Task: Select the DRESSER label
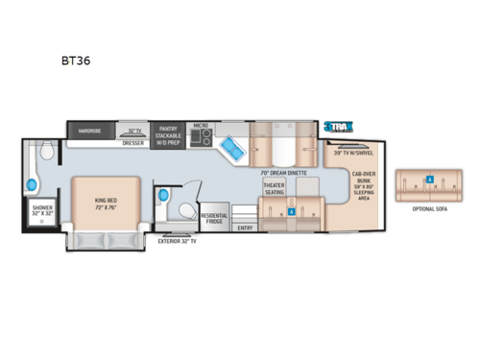point(133,141)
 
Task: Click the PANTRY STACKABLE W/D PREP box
point(167,132)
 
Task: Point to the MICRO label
point(201,125)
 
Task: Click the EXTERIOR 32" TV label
point(178,241)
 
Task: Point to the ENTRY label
point(245,228)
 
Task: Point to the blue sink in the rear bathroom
point(31,182)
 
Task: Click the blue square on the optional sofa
point(429,179)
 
